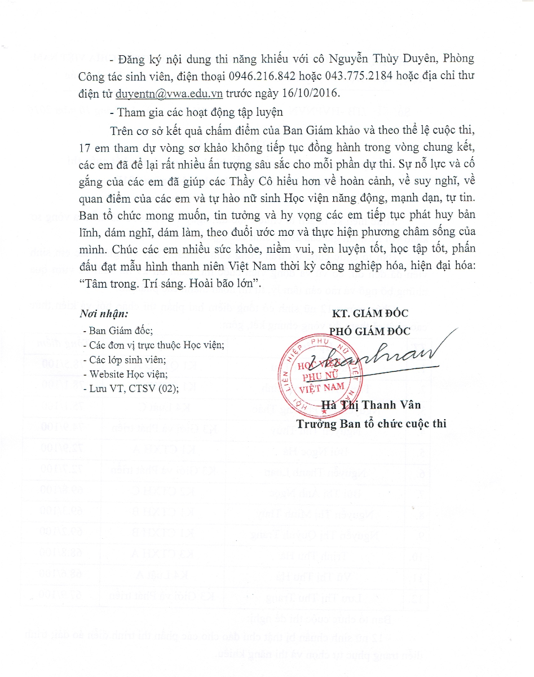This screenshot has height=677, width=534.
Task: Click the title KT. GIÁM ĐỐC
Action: (370, 314)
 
